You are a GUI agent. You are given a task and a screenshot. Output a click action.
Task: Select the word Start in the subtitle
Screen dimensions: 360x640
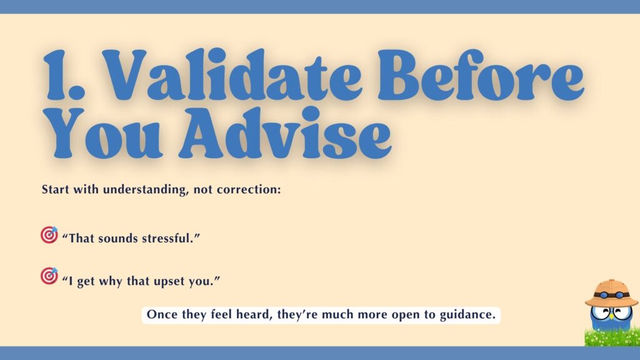tap(55, 189)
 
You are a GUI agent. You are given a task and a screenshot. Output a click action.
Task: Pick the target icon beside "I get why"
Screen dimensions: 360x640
tap(49, 275)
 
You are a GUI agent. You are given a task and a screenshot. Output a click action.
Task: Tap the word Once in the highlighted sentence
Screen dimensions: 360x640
tap(161, 314)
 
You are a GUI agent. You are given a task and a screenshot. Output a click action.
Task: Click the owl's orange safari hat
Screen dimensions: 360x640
tap(611, 290)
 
